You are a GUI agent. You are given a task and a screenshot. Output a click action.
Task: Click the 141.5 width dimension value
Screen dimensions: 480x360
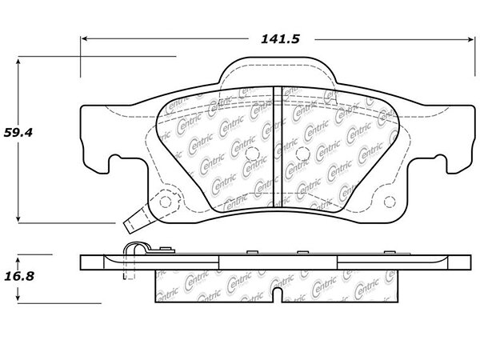coord(280,39)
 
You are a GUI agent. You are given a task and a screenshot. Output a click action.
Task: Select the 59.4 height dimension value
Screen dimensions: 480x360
coord(18,133)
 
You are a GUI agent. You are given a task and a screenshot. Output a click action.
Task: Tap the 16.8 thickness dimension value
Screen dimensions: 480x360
coord(19,277)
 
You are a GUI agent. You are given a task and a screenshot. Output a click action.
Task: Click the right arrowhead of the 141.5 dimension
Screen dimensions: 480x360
coord(470,39)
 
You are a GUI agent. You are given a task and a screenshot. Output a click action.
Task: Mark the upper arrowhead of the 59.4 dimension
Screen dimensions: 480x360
coord(18,62)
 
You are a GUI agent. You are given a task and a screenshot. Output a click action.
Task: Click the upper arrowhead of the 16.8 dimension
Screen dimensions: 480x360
coord(18,261)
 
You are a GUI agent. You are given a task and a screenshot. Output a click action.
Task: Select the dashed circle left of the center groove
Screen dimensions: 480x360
coord(253,154)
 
